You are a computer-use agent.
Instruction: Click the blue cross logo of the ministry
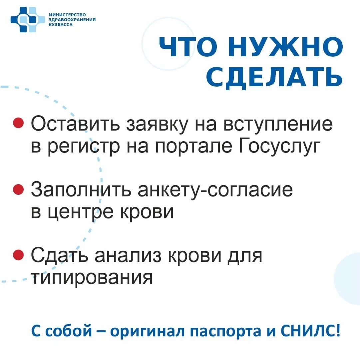28,20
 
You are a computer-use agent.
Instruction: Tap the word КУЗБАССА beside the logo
60,25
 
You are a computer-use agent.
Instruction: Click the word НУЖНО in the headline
285,47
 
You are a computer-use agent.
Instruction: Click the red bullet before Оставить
19,123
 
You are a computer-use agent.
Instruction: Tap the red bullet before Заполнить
19,189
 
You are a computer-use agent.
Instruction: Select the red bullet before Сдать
19,255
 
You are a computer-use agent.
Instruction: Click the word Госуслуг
279,146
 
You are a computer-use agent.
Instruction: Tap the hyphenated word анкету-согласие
215,190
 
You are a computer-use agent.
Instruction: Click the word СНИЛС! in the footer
310,331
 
